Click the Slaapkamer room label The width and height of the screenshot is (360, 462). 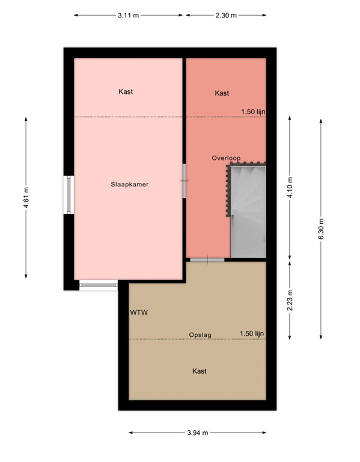click(x=129, y=185)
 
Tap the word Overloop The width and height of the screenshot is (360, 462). click(x=226, y=158)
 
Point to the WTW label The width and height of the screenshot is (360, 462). click(x=139, y=313)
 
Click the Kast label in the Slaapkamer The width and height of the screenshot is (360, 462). click(x=126, y=92)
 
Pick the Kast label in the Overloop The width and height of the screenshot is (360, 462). click(x=222, y=93)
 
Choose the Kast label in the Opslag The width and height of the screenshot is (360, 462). click(x=200, y=371)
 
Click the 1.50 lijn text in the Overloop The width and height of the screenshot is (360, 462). click(x=253, y=111)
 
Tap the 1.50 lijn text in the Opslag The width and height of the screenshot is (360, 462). click(x=252, y=333)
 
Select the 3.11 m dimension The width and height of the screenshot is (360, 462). click(x=129, y=15)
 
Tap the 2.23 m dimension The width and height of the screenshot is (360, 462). click(x=290, y=299)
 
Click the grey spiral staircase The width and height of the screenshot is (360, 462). click(x=248, y=211)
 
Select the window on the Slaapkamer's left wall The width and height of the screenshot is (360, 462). click(x=70, y=195)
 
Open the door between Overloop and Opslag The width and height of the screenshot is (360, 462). click(x=207, y=259)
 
